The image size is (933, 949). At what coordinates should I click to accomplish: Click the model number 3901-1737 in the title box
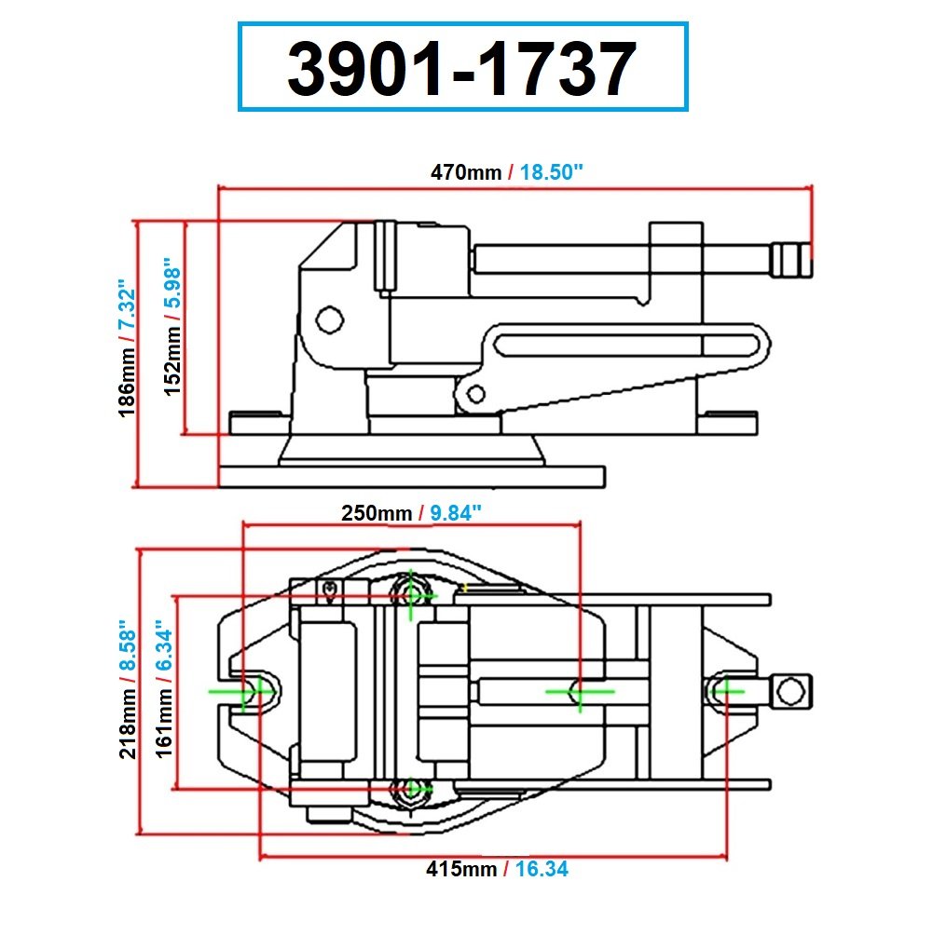pyautogui.click(x=462, y=69)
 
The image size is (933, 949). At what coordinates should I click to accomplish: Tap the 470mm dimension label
pyautogui.click(x=464, y=172)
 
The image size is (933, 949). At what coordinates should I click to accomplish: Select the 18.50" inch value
pyautogui.click(x=552, y=172)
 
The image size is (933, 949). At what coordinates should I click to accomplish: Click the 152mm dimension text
pyautogui.click(x=174, y=359)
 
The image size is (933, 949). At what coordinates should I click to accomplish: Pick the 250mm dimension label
pyautogui.click(x=377, y=513)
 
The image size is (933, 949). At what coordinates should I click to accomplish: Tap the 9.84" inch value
pyautogui.click(x=451, y=513)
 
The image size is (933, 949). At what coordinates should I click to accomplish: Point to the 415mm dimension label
pyautogui.click(x=461, y=870)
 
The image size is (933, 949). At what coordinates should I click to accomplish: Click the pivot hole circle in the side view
pyautogui.click(x=328, y=320)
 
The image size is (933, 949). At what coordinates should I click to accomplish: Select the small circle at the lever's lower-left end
pyautogui.click(x=474, y=395)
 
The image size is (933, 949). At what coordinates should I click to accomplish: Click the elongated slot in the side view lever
pyautogui.click(x=624, y=345)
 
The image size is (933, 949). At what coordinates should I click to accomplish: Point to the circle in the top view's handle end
pyautogui.click(x=791, y=691)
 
